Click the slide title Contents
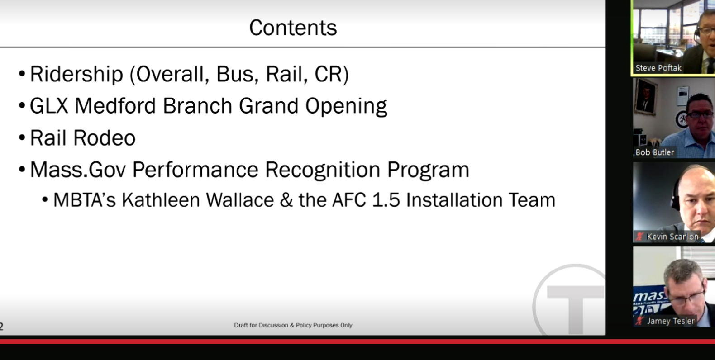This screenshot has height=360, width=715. [x=293, y=28]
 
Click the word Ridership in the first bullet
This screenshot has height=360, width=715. [x=76, y=74]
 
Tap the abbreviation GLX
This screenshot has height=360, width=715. [x=49, y=105]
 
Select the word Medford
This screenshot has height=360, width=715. [x=115, y=105]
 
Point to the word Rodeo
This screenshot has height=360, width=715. [x=105, y=138]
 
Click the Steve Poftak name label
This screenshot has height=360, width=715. [x=658, y=68]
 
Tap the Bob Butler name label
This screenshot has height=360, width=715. [x=655, y=152]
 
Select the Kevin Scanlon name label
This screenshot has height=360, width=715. [x=672, y=237]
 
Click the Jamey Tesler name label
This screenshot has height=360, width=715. [x=670, y=321]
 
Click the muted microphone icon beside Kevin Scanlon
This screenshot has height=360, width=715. [x=640, y=237]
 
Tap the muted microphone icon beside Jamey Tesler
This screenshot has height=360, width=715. [x=640, y=321]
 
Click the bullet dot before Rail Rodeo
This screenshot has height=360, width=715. [x=22, y=138]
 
